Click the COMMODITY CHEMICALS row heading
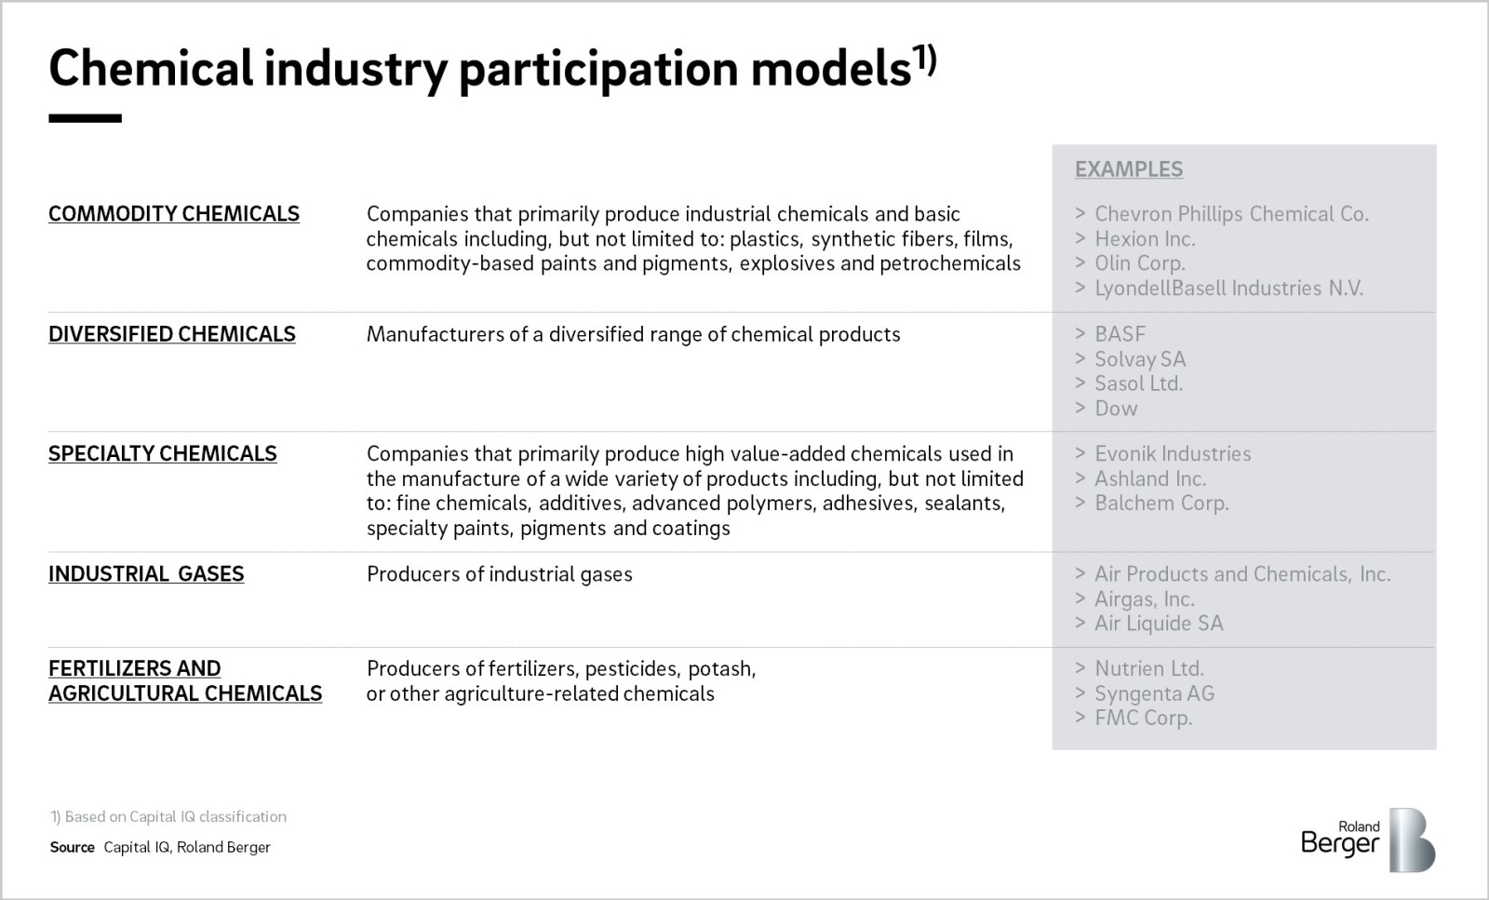[x=174, y=214]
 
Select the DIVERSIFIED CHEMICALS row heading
[x=172, y=334]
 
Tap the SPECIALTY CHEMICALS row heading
[x=163, y=453]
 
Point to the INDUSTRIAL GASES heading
[x=146, y=573]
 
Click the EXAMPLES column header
[x=1129, y=169]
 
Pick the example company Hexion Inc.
[x=1146, y=238]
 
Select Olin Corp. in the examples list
[x=1140, y=263]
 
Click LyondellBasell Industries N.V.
[x=1229, y=288]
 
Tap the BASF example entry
[x=1120, y=334]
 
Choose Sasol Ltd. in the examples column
[x=1139, y=383]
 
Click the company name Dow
[x=1116, y=409]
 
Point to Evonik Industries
[x=1174, y=453]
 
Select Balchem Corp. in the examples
[x=1162, y=504]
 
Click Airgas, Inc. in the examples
[x=1145, y=598]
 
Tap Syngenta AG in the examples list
[x=1155, y=693]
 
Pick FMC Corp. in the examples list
[x=1144, y=718]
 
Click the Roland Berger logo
[x=1368, y=840]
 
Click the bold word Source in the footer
[x=73, y=848]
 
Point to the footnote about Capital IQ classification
[x=168, y=817]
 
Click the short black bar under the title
[x=85, y=118]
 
